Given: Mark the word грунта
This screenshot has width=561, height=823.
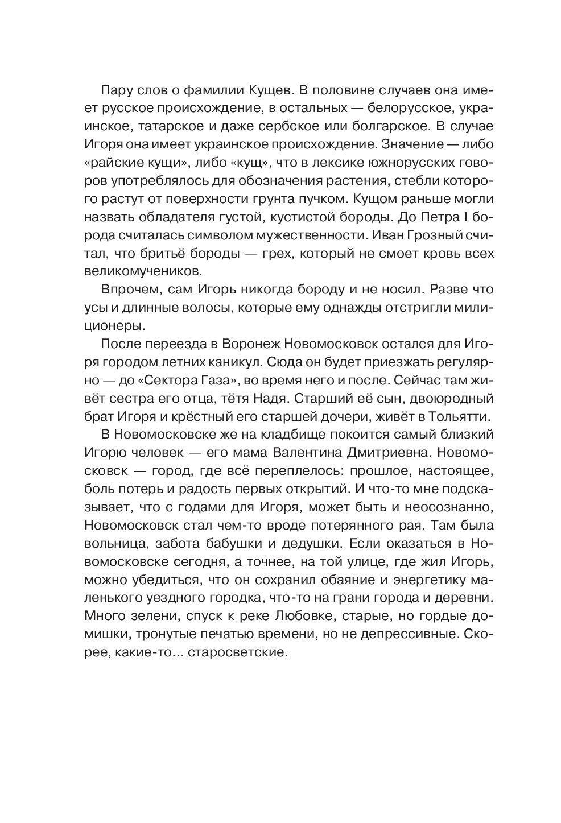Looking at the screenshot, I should pos(274,198).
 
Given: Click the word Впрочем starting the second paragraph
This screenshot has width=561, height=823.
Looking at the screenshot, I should pos(127,289).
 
